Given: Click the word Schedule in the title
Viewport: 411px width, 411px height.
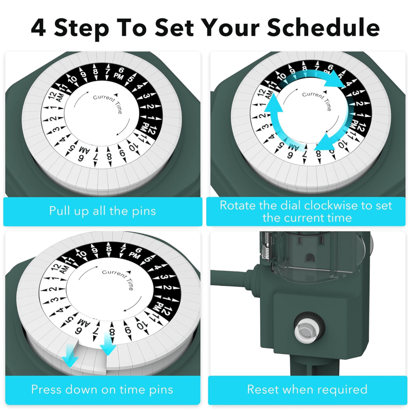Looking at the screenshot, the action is pos(324,27).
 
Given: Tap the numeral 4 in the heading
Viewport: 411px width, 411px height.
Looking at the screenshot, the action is pos(39,28).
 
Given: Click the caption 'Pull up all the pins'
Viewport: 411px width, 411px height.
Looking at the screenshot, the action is pos(102,211).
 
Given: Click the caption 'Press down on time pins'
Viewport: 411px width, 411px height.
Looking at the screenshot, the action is pos(102,389).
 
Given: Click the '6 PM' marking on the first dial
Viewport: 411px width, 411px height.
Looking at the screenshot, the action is pos(119,74).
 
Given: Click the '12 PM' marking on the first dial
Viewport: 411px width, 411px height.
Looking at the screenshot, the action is pos(148,128).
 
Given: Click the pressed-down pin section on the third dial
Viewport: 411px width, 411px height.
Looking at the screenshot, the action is pos(90,356).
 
